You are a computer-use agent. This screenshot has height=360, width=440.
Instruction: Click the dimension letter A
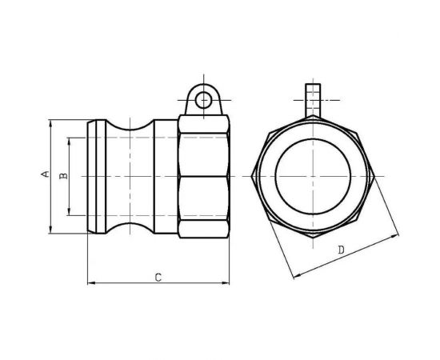click(x=45, y=174)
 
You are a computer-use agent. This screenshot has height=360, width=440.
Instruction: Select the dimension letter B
click(x=64, y=174)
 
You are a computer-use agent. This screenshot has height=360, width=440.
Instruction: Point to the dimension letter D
click(x=342, y=250)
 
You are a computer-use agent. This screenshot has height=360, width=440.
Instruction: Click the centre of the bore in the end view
click(x=313, y=177)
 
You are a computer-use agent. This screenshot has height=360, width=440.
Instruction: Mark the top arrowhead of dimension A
click(x=50, y=122)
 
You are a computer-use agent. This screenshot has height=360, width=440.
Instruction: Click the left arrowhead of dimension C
click(x=88, y=282)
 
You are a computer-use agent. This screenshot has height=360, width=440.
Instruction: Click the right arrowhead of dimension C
click(x=230, y=282)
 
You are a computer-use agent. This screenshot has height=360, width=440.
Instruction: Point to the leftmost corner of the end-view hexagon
click(x=250, y=177)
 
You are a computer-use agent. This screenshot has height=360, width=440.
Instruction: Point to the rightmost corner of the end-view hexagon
click(x=375, y=177)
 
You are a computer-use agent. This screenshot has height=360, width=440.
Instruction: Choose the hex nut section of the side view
click(x=204, y=177)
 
